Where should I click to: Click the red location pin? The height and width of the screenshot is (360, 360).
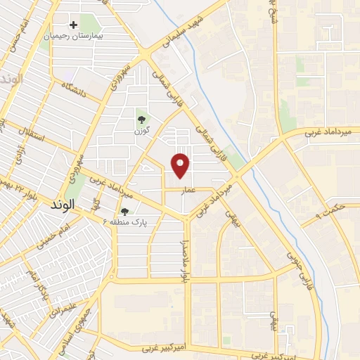(x=181, y=165)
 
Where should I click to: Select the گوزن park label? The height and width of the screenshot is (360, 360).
(x=142, y=131)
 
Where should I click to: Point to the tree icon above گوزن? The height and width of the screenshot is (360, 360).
(x=142, y=120)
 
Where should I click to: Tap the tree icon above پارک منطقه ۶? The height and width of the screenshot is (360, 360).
(x=124, y=211)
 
